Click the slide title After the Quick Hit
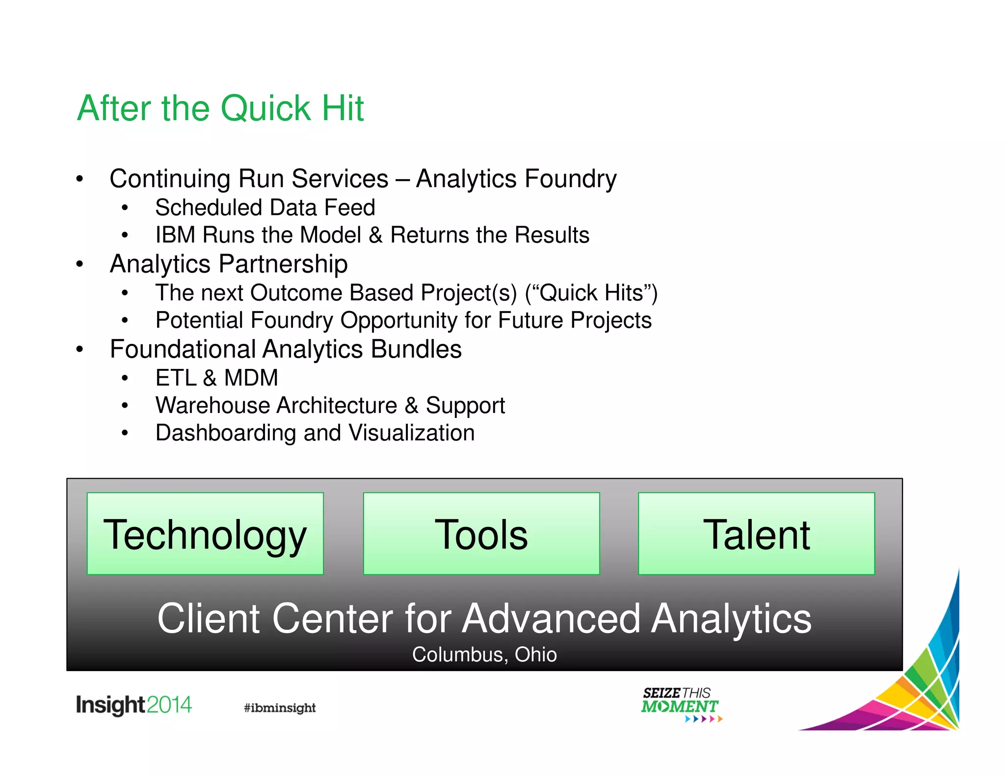220,108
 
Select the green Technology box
205,534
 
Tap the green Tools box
481,534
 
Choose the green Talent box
756,534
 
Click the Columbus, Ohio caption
484,654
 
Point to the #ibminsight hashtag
280,707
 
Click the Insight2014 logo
133,705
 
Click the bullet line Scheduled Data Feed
265,207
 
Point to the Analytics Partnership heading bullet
229,264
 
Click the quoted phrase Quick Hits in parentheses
591,293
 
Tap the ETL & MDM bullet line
216,378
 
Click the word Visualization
411,433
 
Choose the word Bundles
416,349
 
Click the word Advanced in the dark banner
551,619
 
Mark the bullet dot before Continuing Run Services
79,179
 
